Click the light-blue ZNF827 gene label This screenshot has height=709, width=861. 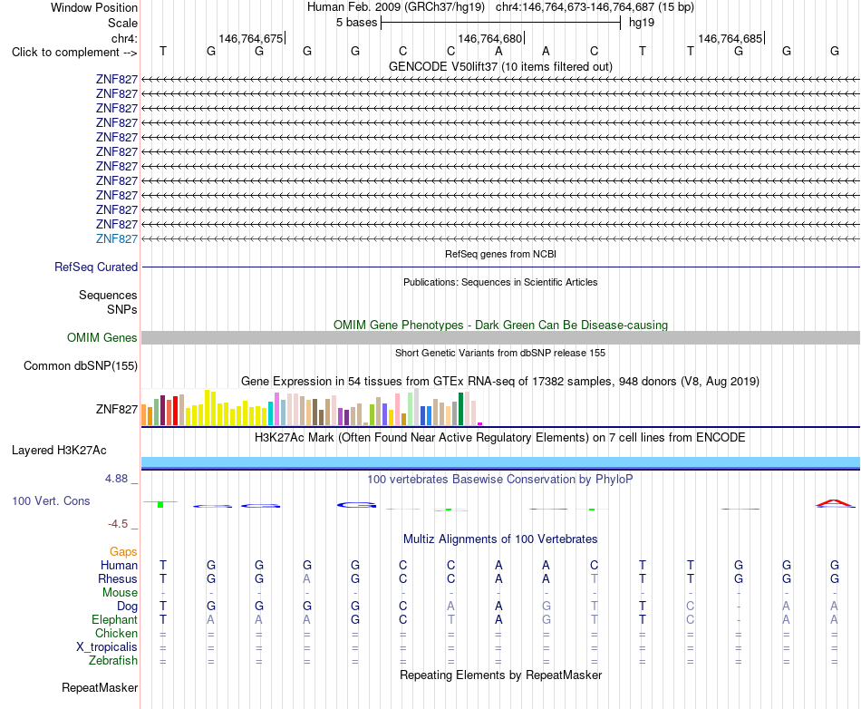116,238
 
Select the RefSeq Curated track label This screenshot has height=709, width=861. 96,267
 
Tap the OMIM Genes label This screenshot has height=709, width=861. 102,338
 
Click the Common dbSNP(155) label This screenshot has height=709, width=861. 81,365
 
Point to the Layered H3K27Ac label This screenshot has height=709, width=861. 59,451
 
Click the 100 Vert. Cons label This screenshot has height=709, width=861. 51,500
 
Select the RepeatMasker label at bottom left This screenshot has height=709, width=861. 100,687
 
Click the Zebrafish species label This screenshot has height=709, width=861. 113,661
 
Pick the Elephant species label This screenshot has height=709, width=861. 115,619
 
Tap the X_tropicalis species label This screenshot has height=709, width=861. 107,647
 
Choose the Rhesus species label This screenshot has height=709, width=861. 118,578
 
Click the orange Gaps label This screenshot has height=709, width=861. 123,551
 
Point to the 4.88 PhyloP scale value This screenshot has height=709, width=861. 116,479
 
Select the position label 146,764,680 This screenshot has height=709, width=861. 489,38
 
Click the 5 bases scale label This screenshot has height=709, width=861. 357,23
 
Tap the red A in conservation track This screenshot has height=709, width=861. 835,502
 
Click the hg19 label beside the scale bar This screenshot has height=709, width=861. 642,23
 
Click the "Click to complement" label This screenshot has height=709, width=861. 74,53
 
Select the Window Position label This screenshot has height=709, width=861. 94,7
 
